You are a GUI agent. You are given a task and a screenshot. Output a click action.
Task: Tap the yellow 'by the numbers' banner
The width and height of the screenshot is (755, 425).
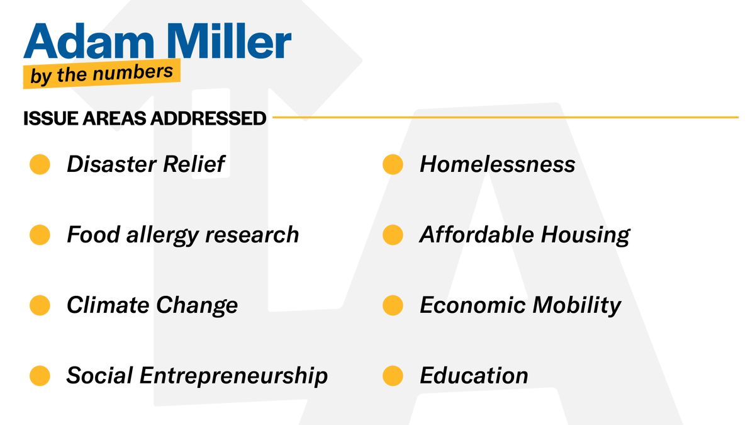point(101,74)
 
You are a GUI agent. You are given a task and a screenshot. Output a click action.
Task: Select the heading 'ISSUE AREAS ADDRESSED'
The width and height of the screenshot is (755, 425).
point(145,118)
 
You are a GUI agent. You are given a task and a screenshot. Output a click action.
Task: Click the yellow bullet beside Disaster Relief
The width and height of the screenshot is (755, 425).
point(40,165)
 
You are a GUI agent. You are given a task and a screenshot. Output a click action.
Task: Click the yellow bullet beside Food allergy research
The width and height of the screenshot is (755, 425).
point(40,235)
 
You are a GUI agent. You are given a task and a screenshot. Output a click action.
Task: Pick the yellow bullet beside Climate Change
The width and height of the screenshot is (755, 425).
point(40,305)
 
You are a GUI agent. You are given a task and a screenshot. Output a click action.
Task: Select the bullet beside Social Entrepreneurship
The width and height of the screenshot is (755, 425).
point(40,376)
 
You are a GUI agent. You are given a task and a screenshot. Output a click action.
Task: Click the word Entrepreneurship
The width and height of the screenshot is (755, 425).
point(233,376)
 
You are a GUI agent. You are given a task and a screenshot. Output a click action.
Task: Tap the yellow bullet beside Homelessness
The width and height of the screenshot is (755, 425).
point(393,165)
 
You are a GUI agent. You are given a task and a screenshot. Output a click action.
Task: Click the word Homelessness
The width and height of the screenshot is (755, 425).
point(497,165)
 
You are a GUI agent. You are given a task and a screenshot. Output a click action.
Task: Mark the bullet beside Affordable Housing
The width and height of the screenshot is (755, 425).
point(393,235)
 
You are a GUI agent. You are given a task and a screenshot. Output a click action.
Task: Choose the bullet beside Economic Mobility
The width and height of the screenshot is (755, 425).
point(393,305)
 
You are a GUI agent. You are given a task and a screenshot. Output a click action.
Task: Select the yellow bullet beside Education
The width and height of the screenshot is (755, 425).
point(393,376)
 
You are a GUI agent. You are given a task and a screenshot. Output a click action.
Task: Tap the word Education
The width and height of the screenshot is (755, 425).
point(474,376)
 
